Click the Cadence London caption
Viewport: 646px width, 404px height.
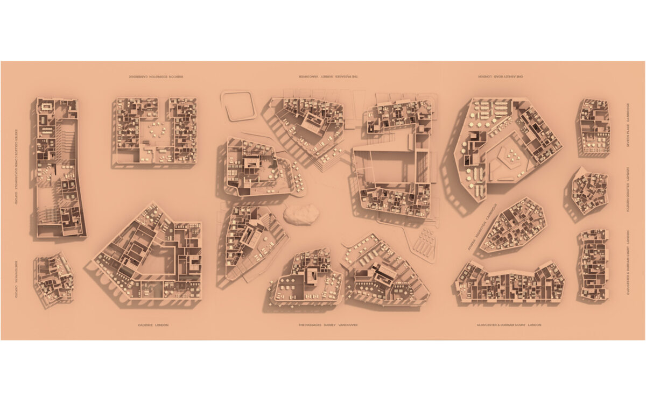coord(153,325)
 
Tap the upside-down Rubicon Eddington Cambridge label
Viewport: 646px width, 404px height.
coord(156,77)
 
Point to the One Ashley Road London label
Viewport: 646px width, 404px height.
coord(501,77)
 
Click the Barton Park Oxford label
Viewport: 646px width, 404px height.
coord(17,279)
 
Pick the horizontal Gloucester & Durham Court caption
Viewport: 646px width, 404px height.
coord(509,325)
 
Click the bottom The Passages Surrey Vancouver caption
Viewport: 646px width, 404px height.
coord(328,325)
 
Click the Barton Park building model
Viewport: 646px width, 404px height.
coord(54,279)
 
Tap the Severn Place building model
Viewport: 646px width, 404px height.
coord(594,127)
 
